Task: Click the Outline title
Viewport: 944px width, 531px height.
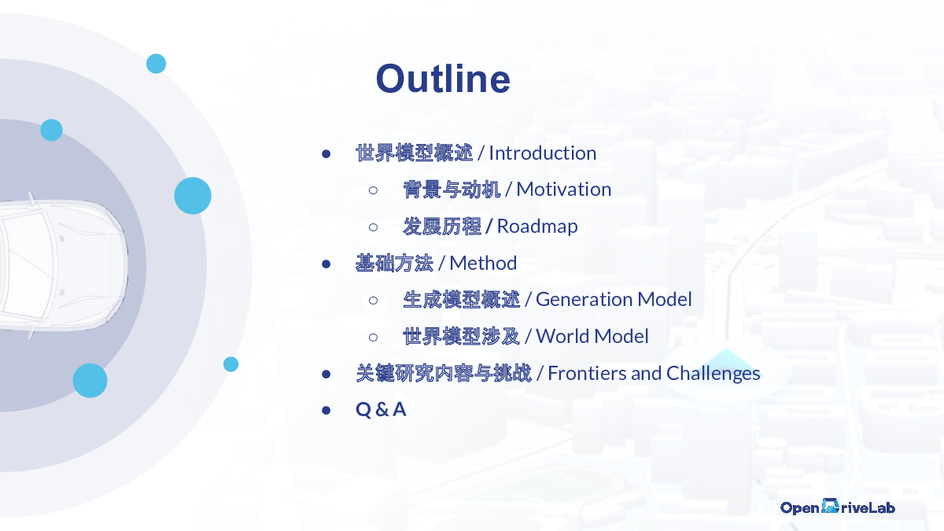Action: coord(443,79)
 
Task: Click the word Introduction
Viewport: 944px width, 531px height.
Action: coord(542,153)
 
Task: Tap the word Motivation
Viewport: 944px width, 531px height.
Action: coord(564,190)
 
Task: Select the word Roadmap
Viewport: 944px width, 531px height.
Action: coord(537,227)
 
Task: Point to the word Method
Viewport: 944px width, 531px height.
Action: coord(483,264)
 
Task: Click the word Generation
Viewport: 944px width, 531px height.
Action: coord(584,300)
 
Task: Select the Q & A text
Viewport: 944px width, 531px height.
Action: coord(381,410)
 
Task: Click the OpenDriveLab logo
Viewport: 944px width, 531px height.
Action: coord(837,507)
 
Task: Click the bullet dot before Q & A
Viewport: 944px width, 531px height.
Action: coord(326,410)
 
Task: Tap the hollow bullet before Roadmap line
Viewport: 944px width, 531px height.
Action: coord(373,227)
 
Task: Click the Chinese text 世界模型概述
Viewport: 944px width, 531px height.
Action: coord(415,153)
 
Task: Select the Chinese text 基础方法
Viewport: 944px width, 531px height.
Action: coord(394,264)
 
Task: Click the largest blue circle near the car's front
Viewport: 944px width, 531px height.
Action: coord(193,196)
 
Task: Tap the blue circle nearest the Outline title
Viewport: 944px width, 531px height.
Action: coord(156,64)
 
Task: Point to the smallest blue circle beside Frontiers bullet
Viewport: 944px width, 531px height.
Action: coord(230,364)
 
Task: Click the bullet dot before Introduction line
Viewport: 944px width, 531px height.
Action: coord(326,154)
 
